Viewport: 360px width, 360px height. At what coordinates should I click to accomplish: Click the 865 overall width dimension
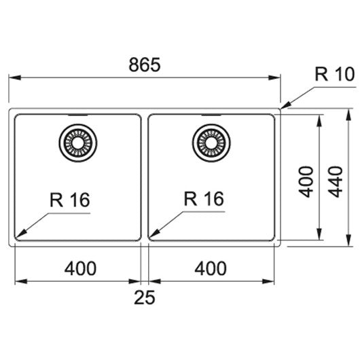[145, 65]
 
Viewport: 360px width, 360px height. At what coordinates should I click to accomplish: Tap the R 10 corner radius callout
[335, 74]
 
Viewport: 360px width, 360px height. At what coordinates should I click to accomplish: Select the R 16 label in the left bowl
[70, 200]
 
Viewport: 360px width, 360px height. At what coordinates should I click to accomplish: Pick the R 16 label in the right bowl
[204, 198]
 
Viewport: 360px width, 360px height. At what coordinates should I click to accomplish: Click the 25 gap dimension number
[145, 298]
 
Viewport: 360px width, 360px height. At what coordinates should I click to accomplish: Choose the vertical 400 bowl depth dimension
[306, 181]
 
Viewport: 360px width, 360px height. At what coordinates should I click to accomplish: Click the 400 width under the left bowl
[80, 268]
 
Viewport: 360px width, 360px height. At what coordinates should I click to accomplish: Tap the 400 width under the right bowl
[211, 268]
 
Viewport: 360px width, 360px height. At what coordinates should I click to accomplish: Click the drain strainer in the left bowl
[78, 143]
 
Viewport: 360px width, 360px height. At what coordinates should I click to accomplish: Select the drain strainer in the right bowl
[211, 143]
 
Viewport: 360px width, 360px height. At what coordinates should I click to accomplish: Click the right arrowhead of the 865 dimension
[274, 77]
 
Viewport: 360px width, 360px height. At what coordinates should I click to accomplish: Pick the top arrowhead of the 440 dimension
[348, 114]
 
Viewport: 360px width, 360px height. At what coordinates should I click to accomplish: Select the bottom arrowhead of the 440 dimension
[348, 240]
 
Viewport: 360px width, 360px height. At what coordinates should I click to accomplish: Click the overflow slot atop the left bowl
[78, 115]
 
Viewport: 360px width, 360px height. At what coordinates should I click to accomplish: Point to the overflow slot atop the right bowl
[211, 115]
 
